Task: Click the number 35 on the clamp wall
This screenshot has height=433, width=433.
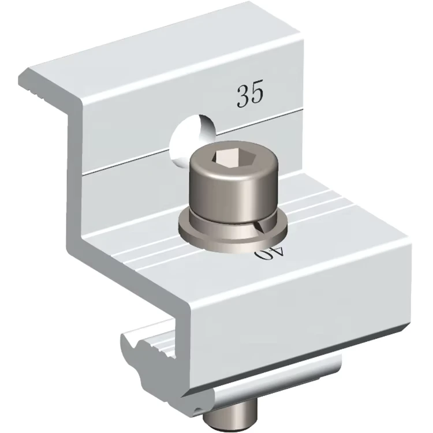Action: click(x=250, y=93)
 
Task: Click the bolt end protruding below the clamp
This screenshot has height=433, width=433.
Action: click(x=230, y=419)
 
